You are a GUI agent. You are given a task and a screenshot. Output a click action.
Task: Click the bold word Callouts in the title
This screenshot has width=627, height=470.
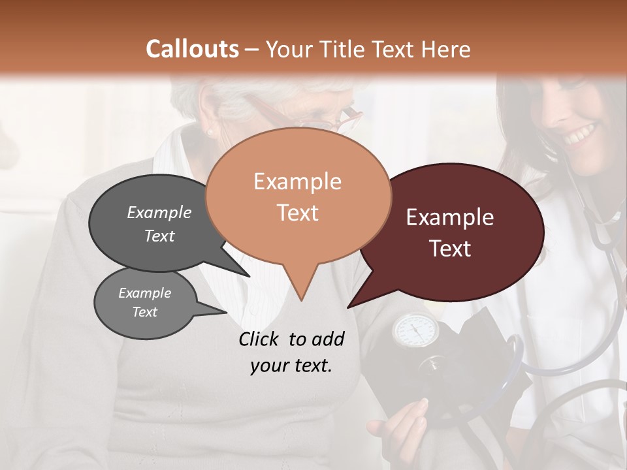point(192,49)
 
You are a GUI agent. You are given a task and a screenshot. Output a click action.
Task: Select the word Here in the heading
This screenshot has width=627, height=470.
point(444,49)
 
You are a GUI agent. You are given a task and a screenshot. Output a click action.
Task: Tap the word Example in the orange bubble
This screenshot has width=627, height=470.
point(297,181)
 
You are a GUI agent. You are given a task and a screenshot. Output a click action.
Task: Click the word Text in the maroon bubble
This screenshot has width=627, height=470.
point(450,249)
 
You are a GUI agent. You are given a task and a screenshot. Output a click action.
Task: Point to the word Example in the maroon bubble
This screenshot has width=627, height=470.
point(450,217)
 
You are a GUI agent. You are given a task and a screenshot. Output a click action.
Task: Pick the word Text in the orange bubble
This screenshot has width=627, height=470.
point(297,213)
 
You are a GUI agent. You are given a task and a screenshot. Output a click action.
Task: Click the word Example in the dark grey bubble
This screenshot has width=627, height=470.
point(159,212)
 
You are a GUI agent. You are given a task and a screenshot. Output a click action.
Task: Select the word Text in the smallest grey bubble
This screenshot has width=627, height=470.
point(144,312)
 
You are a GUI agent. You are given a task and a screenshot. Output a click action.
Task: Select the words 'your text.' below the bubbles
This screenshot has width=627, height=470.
point(291,366)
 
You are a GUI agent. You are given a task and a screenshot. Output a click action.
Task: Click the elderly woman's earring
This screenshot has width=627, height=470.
point(210,133)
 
